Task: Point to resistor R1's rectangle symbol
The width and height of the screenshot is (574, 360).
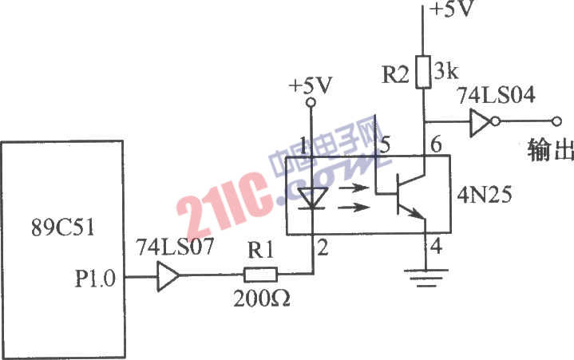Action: tap(259, 275)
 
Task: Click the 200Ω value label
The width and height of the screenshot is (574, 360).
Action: tap(261, 301)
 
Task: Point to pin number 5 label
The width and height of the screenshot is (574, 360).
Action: tap(386, 146)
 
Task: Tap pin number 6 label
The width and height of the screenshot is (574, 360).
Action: tap(435, 146)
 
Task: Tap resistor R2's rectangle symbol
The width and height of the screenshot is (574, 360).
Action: tap(422, 71)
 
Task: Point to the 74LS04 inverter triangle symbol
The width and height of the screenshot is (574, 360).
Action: tap(481, 121)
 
